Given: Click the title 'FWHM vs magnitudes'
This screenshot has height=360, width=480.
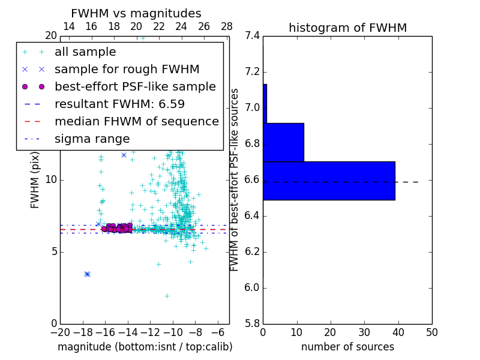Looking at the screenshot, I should point(136,13).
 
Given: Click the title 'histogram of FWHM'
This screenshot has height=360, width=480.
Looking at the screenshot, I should point(347,28).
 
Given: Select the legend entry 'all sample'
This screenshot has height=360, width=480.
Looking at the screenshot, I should point(85,52).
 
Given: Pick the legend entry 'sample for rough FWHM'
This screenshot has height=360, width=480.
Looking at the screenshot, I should point(127,69).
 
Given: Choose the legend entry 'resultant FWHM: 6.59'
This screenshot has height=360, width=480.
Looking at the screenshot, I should point(119,104).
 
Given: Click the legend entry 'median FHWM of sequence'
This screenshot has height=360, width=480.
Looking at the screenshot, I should point(136,121).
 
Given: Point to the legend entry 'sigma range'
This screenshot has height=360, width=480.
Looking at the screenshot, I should point(92,139).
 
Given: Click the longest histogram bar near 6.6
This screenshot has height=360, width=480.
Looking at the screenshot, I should point(329,181).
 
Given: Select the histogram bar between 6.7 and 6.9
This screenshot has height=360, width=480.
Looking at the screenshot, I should point(283,142).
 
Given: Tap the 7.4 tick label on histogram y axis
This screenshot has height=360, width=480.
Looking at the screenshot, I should point(252,36).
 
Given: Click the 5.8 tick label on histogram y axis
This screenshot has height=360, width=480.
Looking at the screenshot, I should point(252,324).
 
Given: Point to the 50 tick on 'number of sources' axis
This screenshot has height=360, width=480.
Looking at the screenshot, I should point(431,332).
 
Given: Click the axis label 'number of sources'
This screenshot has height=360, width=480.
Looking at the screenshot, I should point(347,347).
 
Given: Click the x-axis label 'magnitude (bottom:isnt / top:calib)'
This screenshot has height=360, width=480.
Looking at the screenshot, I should point(145,347).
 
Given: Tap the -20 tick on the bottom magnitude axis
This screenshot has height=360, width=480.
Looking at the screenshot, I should point(60,332).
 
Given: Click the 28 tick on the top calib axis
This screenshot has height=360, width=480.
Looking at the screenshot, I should point(227,26).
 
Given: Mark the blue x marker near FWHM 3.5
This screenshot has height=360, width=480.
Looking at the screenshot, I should point(87,274).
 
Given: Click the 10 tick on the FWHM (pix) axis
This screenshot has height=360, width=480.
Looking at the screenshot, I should point(50,180).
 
